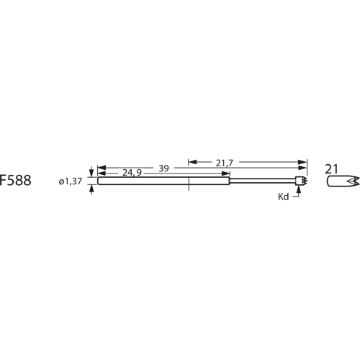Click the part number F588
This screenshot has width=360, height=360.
(x=15, y=181)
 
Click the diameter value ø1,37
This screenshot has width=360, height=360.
(x=71, y=181)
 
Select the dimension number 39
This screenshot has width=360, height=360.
(x=163, y=168)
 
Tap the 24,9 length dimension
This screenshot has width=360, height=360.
(x=131, y=174)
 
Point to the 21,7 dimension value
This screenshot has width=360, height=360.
(x=224, y=163)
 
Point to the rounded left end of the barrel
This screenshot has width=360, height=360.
(x=98, y=181)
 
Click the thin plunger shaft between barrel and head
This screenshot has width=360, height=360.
(x=263, y=181)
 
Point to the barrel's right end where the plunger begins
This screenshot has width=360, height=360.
(x=230, y=181)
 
